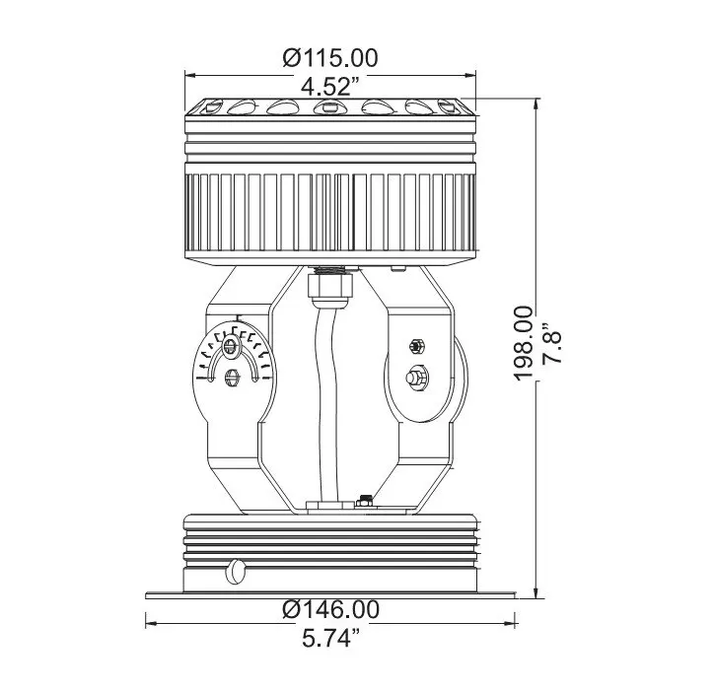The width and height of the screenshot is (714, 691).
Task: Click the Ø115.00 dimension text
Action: coord(330,58)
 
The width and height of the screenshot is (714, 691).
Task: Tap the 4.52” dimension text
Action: coord(330,86)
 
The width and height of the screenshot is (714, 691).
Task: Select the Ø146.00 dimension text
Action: coord(330,609)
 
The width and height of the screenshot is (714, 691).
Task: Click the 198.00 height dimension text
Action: coord(524,343)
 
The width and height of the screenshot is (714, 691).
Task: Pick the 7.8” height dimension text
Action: coord(552,344)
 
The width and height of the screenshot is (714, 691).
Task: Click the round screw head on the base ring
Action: coord(236,572)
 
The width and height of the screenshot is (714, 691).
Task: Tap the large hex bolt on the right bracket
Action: coord(416,378)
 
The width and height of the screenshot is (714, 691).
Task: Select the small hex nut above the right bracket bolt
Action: coord(416,346)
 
